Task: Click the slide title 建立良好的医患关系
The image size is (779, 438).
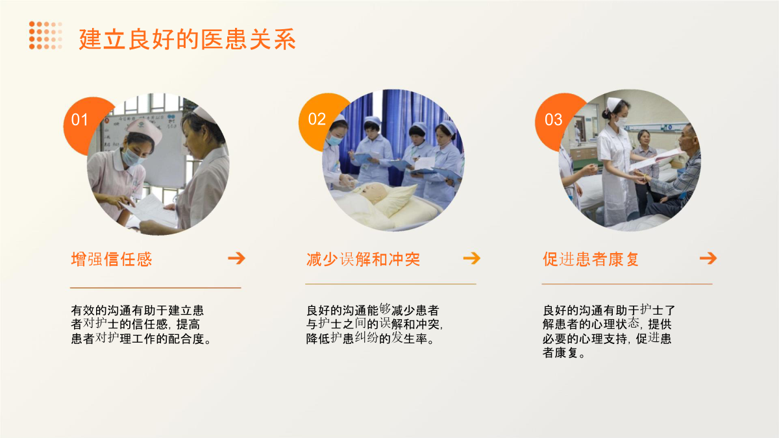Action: click(187, 40)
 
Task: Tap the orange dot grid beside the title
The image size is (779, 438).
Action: click(45, 35)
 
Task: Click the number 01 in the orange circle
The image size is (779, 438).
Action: click(79, 119)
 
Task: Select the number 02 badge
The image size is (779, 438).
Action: click(317, 119)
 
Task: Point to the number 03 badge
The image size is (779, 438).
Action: click(553, 119)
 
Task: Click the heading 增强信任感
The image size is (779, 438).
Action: click(112, 260)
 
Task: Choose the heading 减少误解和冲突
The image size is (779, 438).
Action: click(363, 260)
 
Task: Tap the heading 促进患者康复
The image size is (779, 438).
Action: click(591, 260)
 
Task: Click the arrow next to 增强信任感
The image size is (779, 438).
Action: click(236, 258)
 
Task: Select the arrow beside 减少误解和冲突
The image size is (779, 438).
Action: click(471, 258)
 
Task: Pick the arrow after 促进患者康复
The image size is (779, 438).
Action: click(708, 258)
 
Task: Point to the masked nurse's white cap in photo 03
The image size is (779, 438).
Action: click(614, 103)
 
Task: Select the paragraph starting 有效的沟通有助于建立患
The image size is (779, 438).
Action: click(141, 324)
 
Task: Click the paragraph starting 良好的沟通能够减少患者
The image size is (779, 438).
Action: click(374, 324)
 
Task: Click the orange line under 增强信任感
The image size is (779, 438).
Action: click(155, 288)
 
